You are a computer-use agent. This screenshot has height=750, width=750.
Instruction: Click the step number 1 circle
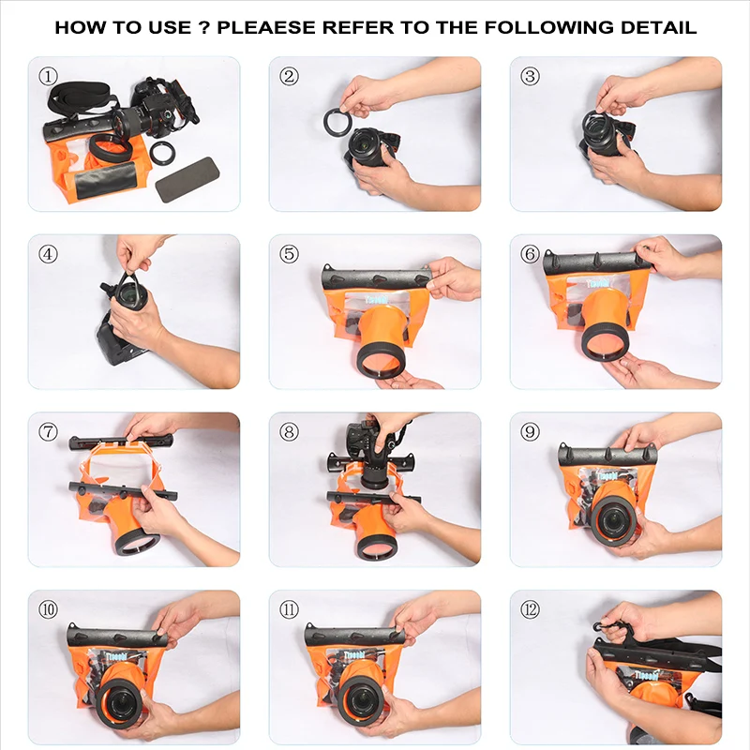pos(48,75)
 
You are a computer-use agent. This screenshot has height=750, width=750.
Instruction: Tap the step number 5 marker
pos(289,253)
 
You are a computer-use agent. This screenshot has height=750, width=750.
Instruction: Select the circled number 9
pos(531,431)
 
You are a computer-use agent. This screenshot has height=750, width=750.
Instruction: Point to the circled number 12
pos(531,609)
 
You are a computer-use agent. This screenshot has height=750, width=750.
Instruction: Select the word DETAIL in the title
pos(657,27)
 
